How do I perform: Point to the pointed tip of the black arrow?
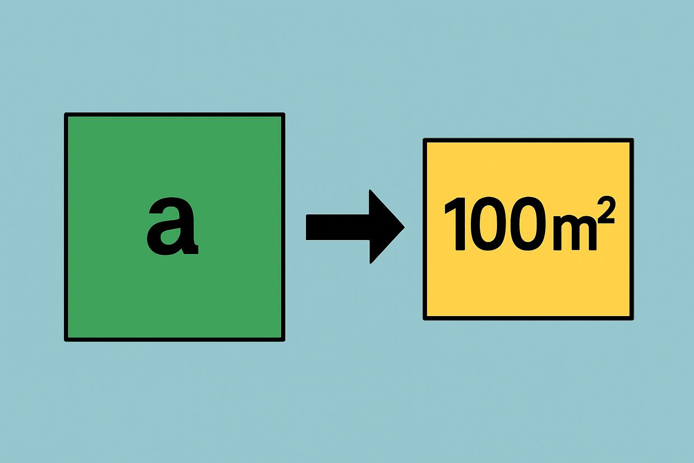[404, 227]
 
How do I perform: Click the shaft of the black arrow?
[338, 227]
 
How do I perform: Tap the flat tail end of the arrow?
[306, 227]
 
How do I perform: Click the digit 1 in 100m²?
[455, 224]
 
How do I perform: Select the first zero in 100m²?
[489, 224]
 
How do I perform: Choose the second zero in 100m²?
[531, 224]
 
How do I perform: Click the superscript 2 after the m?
[605, 209]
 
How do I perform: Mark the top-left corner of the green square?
[65, 113]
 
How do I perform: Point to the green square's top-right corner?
[284, 113]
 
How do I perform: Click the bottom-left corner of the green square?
[65, 341]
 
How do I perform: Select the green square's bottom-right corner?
[284, 341]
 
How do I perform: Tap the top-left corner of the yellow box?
[423, 139]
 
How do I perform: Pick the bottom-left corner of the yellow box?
[423, 320]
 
